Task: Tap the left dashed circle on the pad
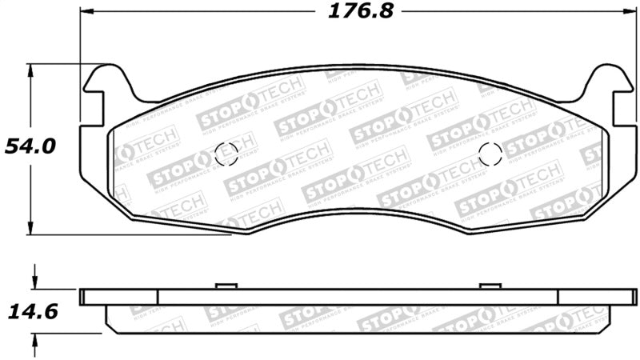227,152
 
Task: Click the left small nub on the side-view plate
225,286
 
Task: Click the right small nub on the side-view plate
489,286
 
